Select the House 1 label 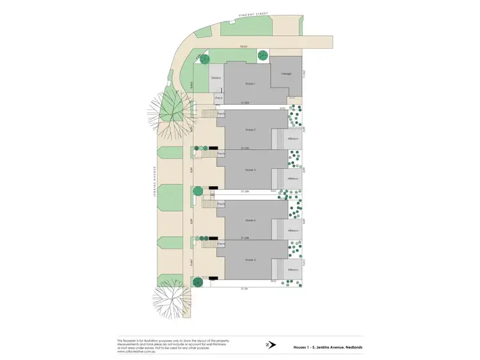[250, 84]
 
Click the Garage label [286, 74]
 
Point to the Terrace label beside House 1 [216, 78]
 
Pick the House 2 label [250, 130]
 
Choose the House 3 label [250, 169]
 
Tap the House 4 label [250, 221]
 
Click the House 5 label [250, 260]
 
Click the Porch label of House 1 [218, 98]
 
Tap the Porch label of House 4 [221, 205]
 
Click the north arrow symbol [271, 344]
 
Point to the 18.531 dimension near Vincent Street [243, 46]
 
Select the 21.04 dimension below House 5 [243, 288]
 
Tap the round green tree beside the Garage [263, 56]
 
